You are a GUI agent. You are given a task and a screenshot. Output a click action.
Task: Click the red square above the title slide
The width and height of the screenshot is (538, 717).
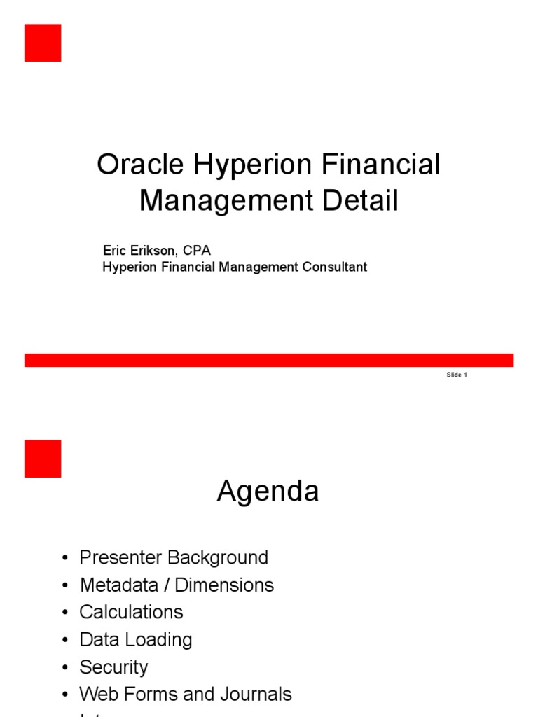(x=43, y=43)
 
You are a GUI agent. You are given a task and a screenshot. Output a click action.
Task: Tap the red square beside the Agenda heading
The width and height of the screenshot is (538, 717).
(x=43, y=459)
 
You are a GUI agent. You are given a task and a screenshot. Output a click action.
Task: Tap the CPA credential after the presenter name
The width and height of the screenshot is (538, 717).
(x=197, y=250)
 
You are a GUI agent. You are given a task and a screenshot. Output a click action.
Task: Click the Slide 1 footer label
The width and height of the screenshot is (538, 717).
(x=456, y=375)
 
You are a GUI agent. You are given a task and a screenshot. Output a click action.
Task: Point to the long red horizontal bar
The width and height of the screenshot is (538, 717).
(x=269, y=360)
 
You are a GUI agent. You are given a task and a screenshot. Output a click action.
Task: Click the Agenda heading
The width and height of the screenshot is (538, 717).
(x=268, y=492)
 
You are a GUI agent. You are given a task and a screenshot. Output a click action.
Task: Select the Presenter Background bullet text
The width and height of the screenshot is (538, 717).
(x=174, y=558)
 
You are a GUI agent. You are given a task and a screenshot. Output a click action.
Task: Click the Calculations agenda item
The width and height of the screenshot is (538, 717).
(x=131, y=612)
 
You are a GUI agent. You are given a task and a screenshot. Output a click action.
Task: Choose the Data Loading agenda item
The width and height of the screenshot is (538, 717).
(x=136, y=640)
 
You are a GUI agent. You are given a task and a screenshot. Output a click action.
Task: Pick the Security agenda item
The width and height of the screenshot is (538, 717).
(x=113, y=667)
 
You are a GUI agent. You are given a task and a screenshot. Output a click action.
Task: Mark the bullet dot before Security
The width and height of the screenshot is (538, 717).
(x=65, y=668)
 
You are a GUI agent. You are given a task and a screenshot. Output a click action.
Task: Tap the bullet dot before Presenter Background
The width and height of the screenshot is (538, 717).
(x=65, y=559)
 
